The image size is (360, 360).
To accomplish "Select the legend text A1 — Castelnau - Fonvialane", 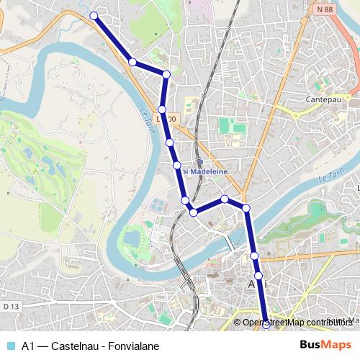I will (x=90, y=346).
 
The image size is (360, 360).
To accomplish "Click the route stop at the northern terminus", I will (x=94, y=15).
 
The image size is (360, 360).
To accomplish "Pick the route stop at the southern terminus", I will (x=266, y=324).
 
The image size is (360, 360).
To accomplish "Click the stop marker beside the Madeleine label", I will (x=177, y=166).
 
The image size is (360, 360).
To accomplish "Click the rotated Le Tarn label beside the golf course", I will (x=141, y=117).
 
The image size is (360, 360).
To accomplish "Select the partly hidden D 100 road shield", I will (x=166, y=118).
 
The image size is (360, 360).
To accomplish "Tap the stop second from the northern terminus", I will (x=132, y=62).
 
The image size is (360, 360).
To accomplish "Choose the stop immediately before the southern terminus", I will (x=258, y=276).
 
